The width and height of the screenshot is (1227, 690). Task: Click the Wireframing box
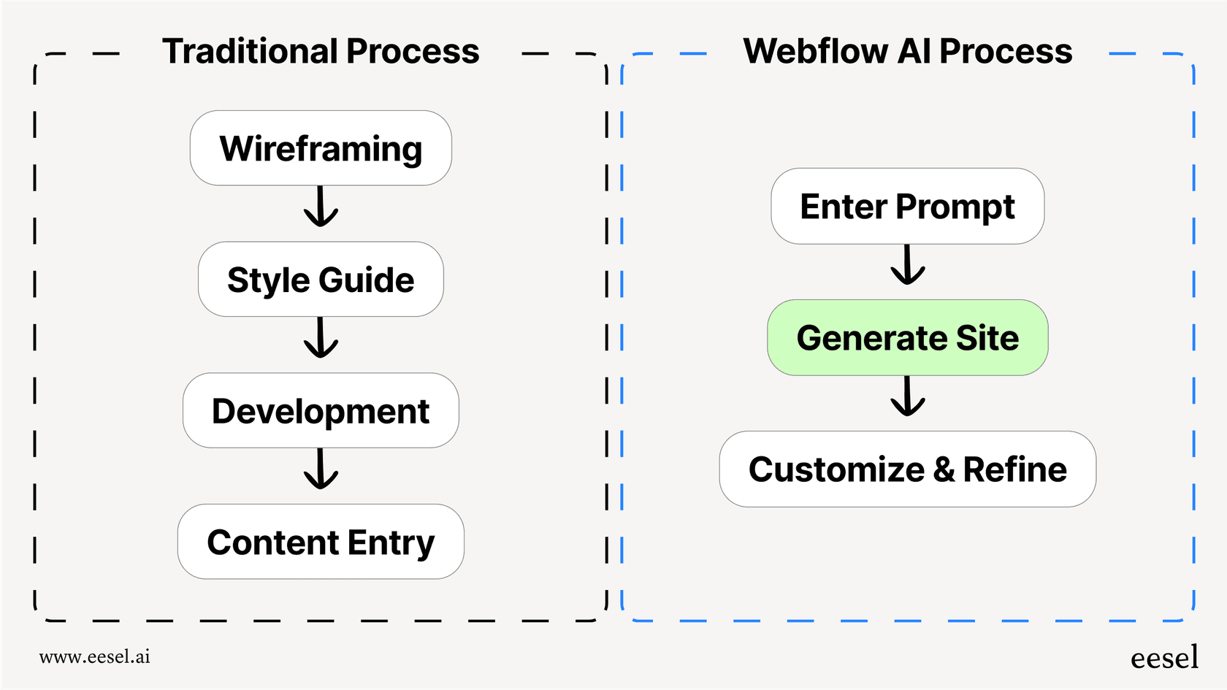point(321,148)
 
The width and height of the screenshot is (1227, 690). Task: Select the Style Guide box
point(321,280)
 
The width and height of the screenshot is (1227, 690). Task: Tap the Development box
point(321,410)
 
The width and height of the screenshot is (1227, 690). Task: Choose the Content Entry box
point(321,542)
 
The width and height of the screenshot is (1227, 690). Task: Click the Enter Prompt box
point(907,206)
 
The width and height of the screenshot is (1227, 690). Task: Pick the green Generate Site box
point(907,337)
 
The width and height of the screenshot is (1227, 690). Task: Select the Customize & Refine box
point(907,469)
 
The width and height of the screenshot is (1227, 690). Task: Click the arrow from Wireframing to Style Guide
point(321,207)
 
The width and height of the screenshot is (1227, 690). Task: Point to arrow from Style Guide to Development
point(321,338)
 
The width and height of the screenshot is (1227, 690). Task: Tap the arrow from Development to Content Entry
point(321,469)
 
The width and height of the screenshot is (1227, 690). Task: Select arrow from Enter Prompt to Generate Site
point(908,265)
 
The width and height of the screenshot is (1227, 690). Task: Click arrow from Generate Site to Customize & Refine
point(908,396)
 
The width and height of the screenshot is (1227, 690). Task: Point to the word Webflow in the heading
point(816,51)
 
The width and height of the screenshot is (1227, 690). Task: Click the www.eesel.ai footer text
point(95,656)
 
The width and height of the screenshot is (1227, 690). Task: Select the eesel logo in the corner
point(1164,658)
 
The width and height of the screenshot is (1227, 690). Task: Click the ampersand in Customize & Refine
point(944,469)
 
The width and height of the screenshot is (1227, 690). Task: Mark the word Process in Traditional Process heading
point(413,51)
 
